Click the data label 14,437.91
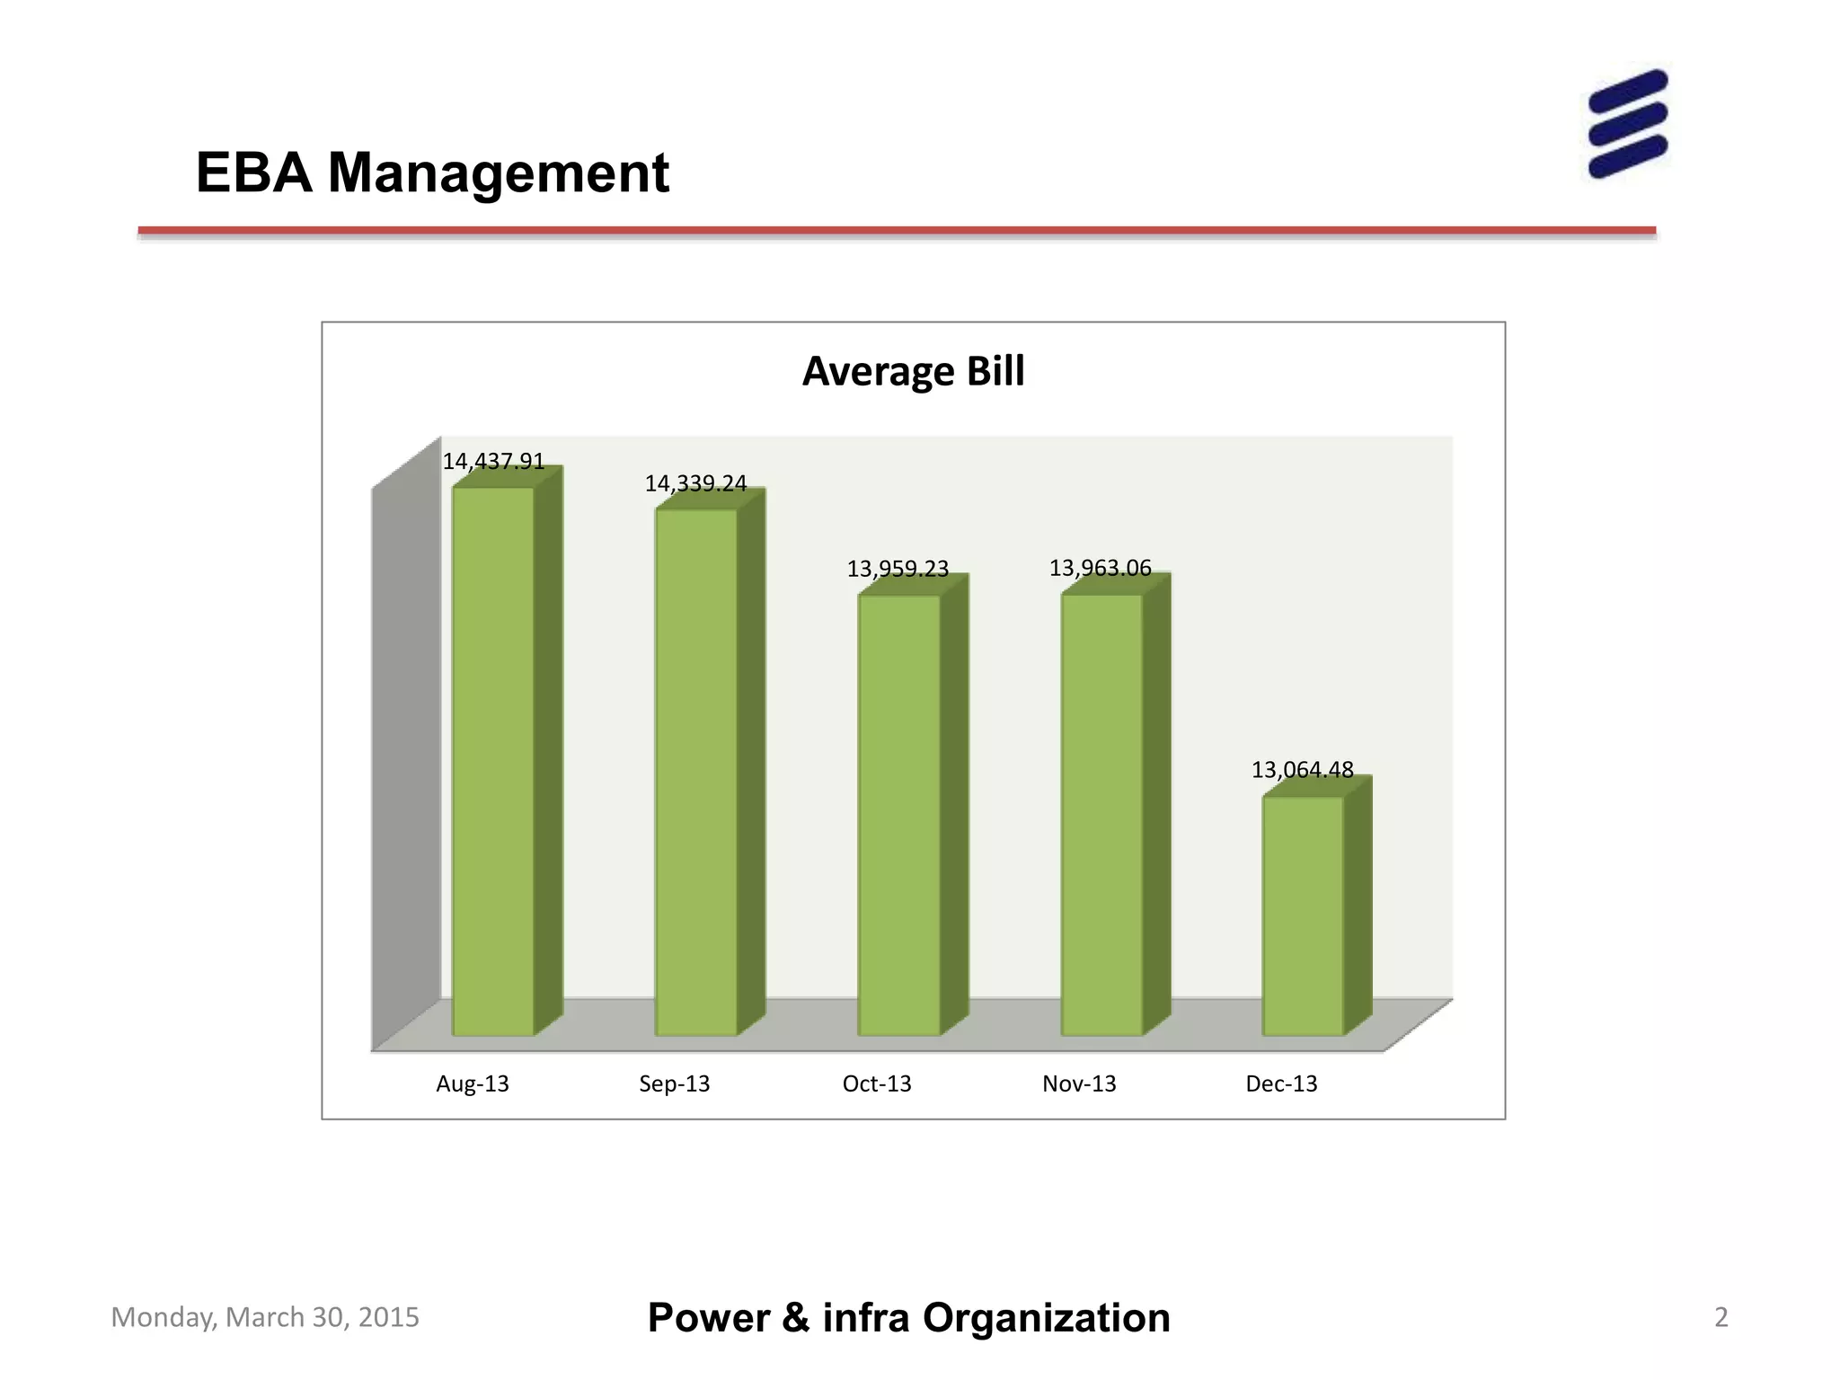[493, 461]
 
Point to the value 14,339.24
[695, 483]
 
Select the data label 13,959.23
[898, 569]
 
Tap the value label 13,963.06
[1100, 568]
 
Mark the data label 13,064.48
[1302, 770]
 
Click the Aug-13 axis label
[473, 1084]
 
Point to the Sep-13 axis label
[675, 1084]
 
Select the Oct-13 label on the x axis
[877, 1084]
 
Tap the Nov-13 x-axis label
[1079, 1084]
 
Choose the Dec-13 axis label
[1281, 1084]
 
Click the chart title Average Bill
[913, 371]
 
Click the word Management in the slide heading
[499, 172]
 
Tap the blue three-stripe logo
[1627, 124]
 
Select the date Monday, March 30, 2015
[265, 1317]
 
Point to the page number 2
[1721, 1317]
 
